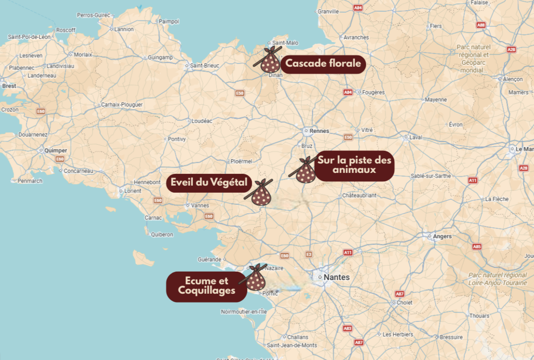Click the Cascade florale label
click(324, 63)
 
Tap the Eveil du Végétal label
click(209, 182)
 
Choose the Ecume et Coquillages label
click(207, 286)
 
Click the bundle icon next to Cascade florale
click(269, 61)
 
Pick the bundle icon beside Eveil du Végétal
click(261, 193)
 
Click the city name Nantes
click(337, 277)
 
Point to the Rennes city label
click(319, 131)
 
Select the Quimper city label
click(55, 150)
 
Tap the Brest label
click(9, 86)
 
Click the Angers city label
click(442, 236)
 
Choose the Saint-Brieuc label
click(204, 65)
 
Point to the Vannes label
click(200, 205)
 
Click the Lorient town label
click(132, 191)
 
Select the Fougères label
click(373, 93)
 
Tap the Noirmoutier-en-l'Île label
click(244, 312)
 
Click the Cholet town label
click(404, 303)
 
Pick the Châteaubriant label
click(359, 195)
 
